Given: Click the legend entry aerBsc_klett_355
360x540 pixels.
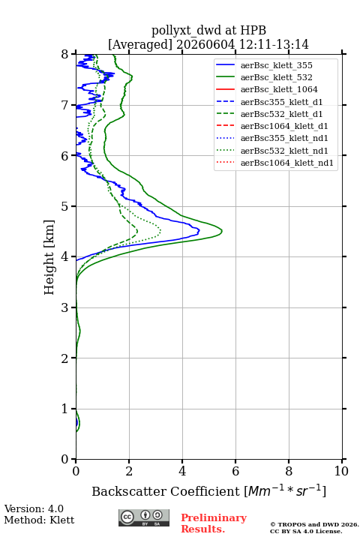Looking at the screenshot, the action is click(x=276, y=65).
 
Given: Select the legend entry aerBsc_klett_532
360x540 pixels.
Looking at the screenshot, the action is click(x=276, y=77).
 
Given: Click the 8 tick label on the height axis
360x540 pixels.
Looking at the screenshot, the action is click(x=65, y=54).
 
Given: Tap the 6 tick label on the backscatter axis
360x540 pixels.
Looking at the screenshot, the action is click(x=235, y=471).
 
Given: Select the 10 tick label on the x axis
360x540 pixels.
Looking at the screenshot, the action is click(x=341, y=471).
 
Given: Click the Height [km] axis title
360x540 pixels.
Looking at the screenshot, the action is click(x=49, y=257).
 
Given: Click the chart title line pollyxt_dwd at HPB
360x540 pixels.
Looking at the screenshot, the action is click(x=208, y=30).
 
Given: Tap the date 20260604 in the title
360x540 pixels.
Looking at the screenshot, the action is click(x=205, y=44).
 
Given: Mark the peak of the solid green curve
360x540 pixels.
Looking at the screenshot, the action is click(x=222, y=231).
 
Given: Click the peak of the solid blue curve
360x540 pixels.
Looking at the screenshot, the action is click(x=199, y=230).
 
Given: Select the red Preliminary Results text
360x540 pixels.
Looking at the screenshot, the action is click(x=214, y=523).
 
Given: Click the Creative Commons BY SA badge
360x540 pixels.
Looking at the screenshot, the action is click(x=144, y=518).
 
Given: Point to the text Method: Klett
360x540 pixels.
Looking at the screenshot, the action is click(x=39, y=520).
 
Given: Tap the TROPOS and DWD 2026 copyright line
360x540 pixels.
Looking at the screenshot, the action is click(x=314, y=525).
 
